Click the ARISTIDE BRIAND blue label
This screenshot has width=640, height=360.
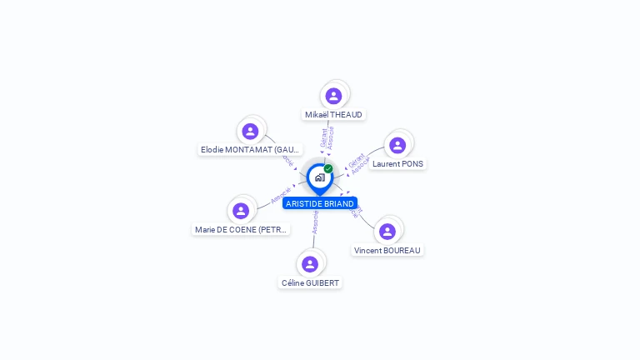pyautogui.click(x=320, y=203)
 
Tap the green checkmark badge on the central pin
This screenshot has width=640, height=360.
pyautogui.click(x=328, y=168)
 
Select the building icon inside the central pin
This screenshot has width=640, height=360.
pyautogui.click(x=319, y=177)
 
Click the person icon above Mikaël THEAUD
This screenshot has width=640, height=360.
pyautogui.click(x=333, y=96)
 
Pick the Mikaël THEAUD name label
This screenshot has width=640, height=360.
pyautogui.click(x=334, y=114)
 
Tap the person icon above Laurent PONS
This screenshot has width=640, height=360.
pyautogui.click(x=397, y=145)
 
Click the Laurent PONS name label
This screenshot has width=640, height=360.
pyautogui.click(x=397, y=163)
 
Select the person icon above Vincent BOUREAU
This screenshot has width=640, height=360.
pyautogui.click(x=387, y=231)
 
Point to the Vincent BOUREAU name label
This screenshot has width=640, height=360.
pyautogui.click(x=387, y=250)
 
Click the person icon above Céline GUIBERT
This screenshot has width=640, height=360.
pyautogui.click(x=310, y=264)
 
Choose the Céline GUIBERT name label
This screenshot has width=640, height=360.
pyautogui.click(x=310, y=282)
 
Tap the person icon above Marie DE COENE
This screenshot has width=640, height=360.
pyautogui.click(x=241, y=211)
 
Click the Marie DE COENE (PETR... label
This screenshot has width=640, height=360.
pyautogui.click(x=241, y=229)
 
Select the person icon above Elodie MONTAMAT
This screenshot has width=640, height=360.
pyautogui.click(x=250, y=131)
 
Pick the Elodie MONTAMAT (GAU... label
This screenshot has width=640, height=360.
pyautogui.click(x=250, y=149)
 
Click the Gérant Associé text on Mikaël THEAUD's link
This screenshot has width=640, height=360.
pyautogui.click(x=327, y=137)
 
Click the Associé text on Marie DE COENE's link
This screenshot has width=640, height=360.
pyautogui.click(x=280, y=197)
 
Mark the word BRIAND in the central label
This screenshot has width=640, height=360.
pyautogui.click(x=338, y=203)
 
